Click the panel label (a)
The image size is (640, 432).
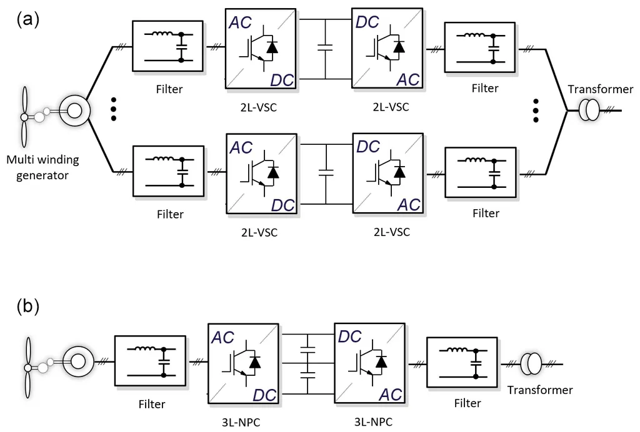(27, 19)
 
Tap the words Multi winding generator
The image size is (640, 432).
(42, 167)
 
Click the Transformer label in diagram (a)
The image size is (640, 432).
(601, 89)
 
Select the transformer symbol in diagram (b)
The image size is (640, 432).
(531, 363)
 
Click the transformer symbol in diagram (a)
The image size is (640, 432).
(589, 110)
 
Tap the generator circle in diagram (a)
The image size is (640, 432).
(74, 110)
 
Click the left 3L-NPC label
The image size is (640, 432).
(241, 422)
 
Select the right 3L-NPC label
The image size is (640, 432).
(373, 421)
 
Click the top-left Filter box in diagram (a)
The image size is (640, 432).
(167, 46)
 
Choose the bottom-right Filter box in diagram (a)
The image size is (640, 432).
(481, 173)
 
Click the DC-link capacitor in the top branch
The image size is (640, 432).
(325, 48)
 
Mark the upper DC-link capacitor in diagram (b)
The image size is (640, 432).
(307, 349)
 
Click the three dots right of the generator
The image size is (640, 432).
(114, 109)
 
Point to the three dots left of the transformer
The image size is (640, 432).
(536, 110)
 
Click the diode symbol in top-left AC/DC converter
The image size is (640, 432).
(272, 47)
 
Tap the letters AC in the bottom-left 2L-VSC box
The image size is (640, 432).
(241, 147)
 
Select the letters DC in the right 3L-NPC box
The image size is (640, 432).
(350, 336)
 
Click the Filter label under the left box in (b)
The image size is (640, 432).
(152, 404)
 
